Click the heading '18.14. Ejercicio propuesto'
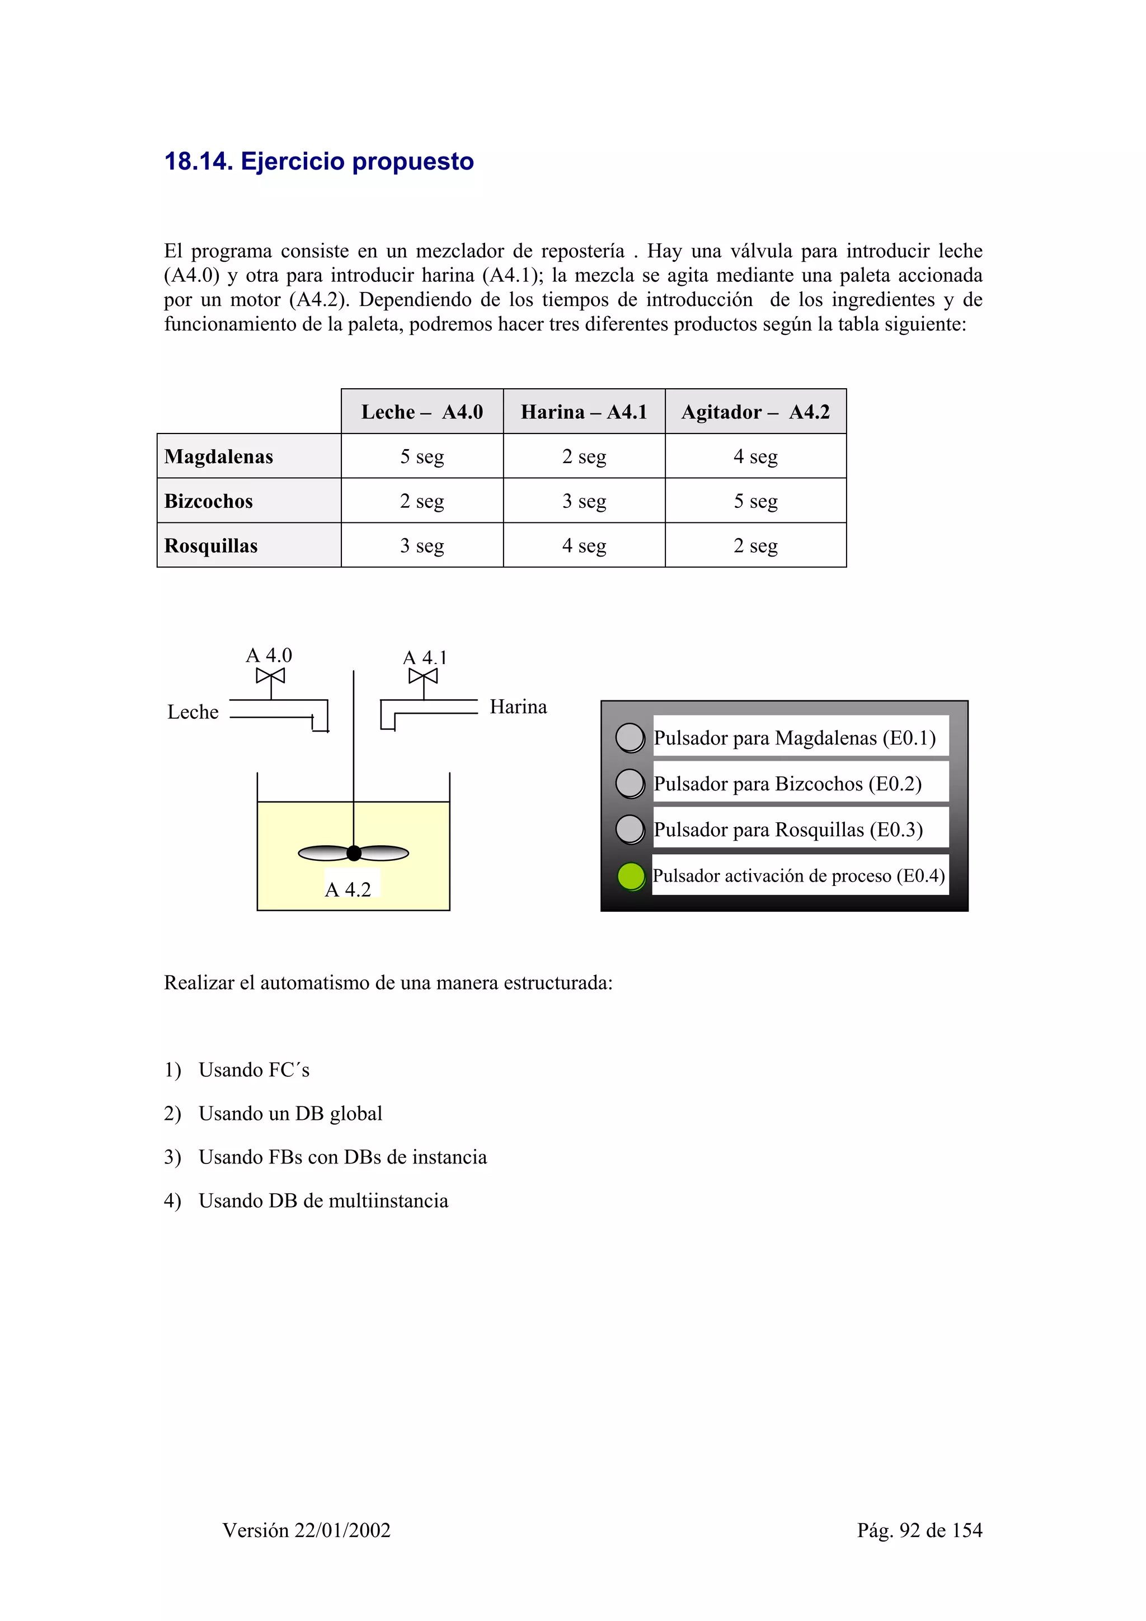pyautogui.click(x=318, y=162)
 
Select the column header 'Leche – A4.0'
pyautogui.click(x=421, y=412)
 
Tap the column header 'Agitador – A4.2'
pyautogui.click(x=755, y=412)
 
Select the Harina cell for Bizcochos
pyautogui.click(x=584, y=501)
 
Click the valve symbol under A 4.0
pyautogui.click(x=270, y=676)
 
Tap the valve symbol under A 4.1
pyautogui.click(x=423, y=676)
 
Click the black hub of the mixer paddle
pyautogui.click(x=354, y=854)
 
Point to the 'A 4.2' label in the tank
pyautogui.click(x=348, y=889)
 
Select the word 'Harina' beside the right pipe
pyautogui.click(x=518, y=706)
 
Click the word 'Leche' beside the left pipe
pyautogui.click(x=192, y=711)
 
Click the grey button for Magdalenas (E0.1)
pyautogui.click(x=630, y=738)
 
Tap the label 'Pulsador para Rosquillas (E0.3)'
pyautogui.click(x=788, y=830)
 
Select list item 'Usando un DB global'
pyautogui.click(x=290, y=1113)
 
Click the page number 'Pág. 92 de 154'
pyautogui.click(x=919, y=1530)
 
